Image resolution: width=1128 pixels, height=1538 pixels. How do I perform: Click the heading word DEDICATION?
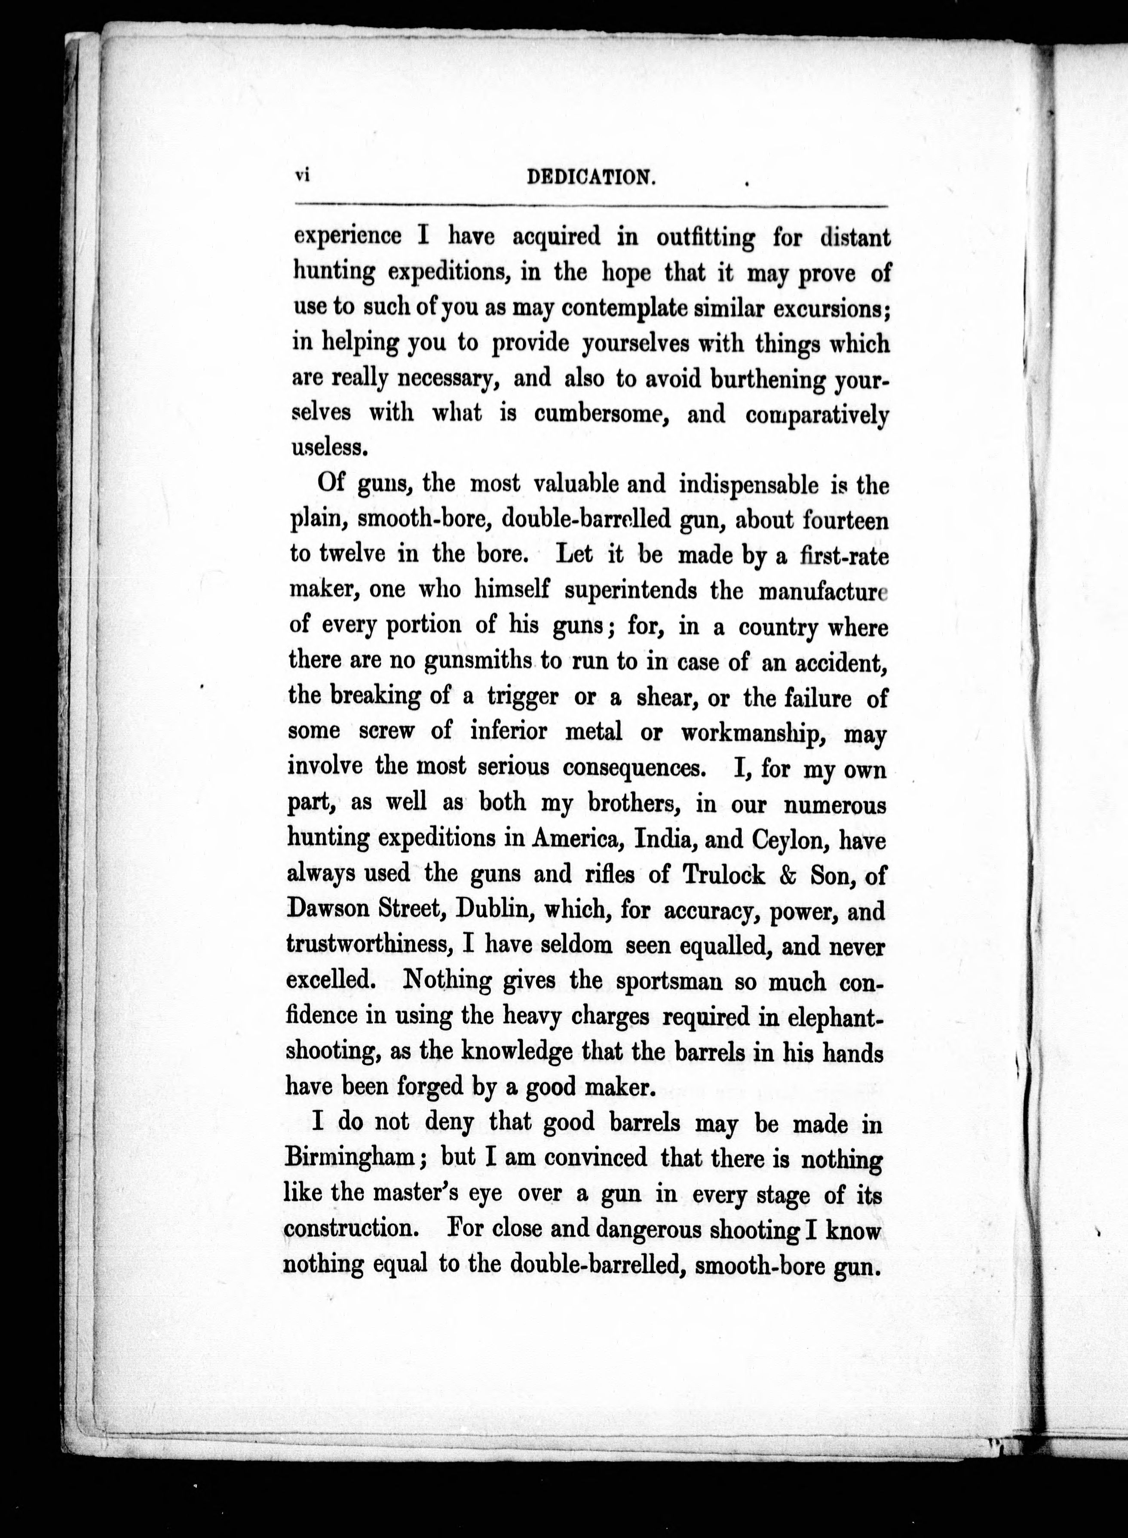[592, 178]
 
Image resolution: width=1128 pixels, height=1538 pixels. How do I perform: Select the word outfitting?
[705, 238]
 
